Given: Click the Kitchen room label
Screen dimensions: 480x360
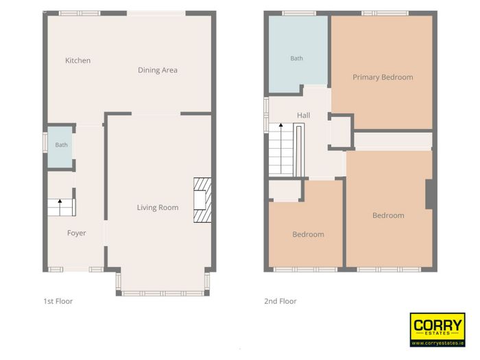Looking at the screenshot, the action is (x=77, y=60).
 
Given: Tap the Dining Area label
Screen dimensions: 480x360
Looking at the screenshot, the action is (x=158, y=70).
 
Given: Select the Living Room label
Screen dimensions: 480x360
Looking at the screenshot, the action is (x=158, y=208).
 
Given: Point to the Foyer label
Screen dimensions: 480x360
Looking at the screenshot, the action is (x=77, y=233).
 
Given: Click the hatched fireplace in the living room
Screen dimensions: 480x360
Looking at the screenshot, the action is (x=202, y=200).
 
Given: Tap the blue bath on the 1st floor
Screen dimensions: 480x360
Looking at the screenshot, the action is (x=60, y=147).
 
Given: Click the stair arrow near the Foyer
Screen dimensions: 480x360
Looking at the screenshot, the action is (x=60, y=207).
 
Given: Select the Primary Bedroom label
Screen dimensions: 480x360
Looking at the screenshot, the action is (x=383, y=77).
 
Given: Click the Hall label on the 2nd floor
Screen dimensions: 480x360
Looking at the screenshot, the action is (x=303, y=115).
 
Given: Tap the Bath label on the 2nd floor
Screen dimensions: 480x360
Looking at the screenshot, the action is (x=296, y=58).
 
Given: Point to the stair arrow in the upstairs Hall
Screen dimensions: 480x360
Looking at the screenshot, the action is (x=280, y=149).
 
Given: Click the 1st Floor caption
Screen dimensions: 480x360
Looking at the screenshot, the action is (x=58, y=301).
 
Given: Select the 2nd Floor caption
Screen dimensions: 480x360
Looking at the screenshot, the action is (x=280, y=301).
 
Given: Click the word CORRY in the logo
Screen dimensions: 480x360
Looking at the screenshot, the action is (x=437, y=325).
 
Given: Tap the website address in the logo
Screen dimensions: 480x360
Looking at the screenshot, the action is (x=437, y=343).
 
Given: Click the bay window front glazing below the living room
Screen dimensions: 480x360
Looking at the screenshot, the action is (x=163, y=293).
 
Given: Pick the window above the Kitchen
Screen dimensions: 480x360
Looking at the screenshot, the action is (x=80, y=13).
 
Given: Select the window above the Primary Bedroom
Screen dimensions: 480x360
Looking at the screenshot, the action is (x=385, y=13).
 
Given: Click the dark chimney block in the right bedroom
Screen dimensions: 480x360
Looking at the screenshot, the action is (x=429, y=194).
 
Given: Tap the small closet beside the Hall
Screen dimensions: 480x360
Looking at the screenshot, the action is (x=340, y=132).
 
